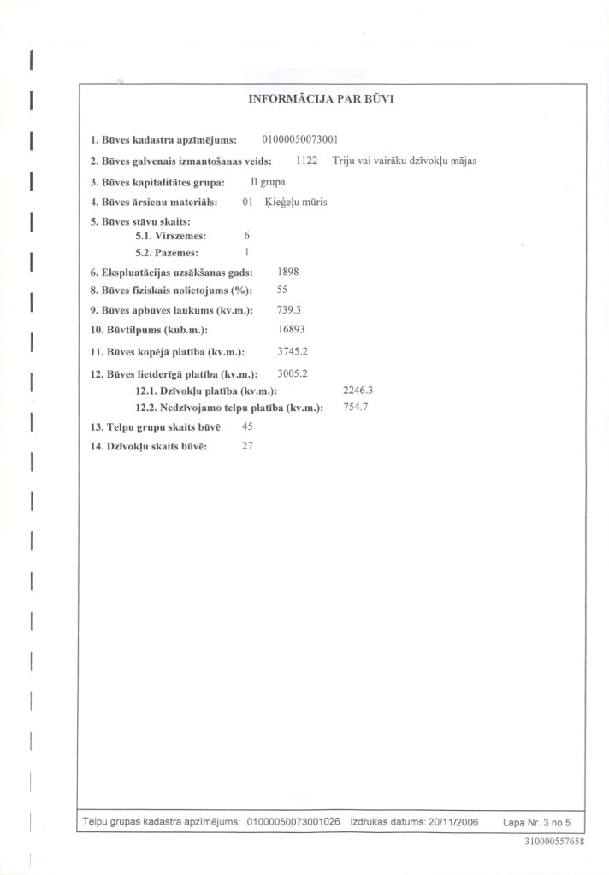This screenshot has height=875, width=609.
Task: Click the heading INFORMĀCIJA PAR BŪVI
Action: [x=321, y=98]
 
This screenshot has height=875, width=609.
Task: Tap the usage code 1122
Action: [x=306, y=161]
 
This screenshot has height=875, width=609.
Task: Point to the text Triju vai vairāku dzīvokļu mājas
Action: [x=405, y=161]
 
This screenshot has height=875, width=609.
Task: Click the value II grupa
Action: [x=268, y=182]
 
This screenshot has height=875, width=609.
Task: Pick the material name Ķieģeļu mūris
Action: [x=297, y=203]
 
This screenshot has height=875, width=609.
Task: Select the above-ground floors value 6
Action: [x=246, y=234]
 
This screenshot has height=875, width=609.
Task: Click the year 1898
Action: [x=288, y=271]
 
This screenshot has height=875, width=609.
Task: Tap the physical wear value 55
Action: [x=283, y=290]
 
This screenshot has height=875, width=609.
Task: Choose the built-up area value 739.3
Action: [x=291, y=309]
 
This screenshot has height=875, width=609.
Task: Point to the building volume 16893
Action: [x=292, y=329]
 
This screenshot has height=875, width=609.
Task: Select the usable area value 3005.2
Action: [x=293, y=373]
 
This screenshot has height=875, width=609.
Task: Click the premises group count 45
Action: [x=248, y=426]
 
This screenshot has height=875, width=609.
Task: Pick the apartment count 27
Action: [x=248, y=445]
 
